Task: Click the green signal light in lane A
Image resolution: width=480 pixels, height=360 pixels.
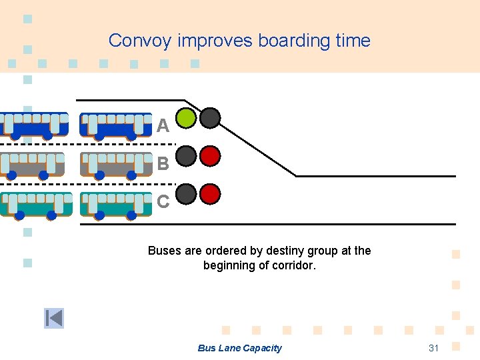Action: pyautogui.click(x=187, y=118)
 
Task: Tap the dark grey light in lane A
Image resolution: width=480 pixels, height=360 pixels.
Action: pyautogui.click(x=211, y=118)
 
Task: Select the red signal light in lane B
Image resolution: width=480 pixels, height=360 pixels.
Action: pyautogui.click(x=211, y=156)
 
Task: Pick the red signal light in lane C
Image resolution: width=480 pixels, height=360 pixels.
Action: pyautogui.click(x=211, y=194)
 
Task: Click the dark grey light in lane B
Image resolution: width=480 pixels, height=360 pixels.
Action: pyautogui.click(x=187, y=156)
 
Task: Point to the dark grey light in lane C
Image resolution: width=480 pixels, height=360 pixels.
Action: pyautogui.click(x=187, y=194)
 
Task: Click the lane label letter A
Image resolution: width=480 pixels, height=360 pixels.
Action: pyautogui.click(x=163, y=125)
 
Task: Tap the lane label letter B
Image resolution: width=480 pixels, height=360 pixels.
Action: pyautogui.click(x=163, y=163)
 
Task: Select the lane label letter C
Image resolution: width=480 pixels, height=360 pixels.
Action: pyautogui.click(x=163, y=201)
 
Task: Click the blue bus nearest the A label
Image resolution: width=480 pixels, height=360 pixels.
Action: pyautogui.click(x=116, y=125)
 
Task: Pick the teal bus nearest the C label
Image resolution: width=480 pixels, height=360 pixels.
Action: pyautogui.click(x=116, y=204)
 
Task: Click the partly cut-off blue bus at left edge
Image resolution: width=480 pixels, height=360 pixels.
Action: pyautogui.click(x=33, y=125)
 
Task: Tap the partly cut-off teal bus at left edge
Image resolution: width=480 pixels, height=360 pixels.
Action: pyautogui.click(x=35, y=204)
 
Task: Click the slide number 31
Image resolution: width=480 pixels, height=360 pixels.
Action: pyautogui.click(x=434, y=348)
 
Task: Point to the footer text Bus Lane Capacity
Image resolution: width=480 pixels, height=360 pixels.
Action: pyautogui.click(x=239, y=348)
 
